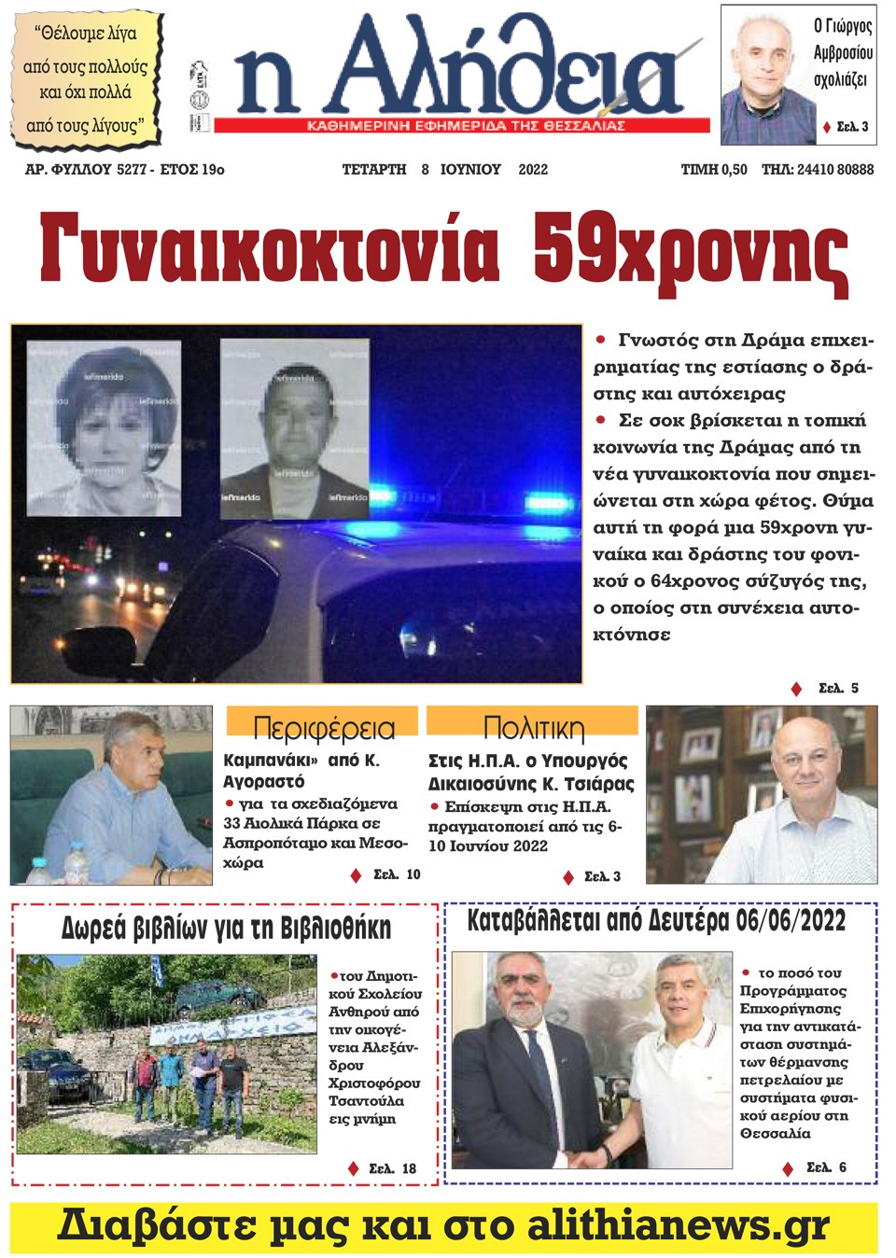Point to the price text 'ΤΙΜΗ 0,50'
pyautogui.click(x=714, y=170)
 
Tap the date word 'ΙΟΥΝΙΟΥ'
pyautogui.click(x=470, y=170)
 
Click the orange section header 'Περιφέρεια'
pyautogui.click(x=323, y=727)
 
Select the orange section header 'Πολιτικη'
pyautogui.click(x=533, y=727)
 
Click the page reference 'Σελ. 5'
pyautogui.click(x=837, y=689)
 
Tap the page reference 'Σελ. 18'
pyautogui.click(x=392, y=1168)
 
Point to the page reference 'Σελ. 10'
pyautogui.click(x=397, y=874)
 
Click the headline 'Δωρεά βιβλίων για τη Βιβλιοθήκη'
pyautogui.click(x=226, y=928)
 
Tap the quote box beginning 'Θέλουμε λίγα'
pyautogui.click(x=86, y=79)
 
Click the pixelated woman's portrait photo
pyautogui.click(x=104, y=427)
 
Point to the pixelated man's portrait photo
pyautogui.click(x=294, y=427)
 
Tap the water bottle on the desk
pyautogui.click(x=39, y=867)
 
